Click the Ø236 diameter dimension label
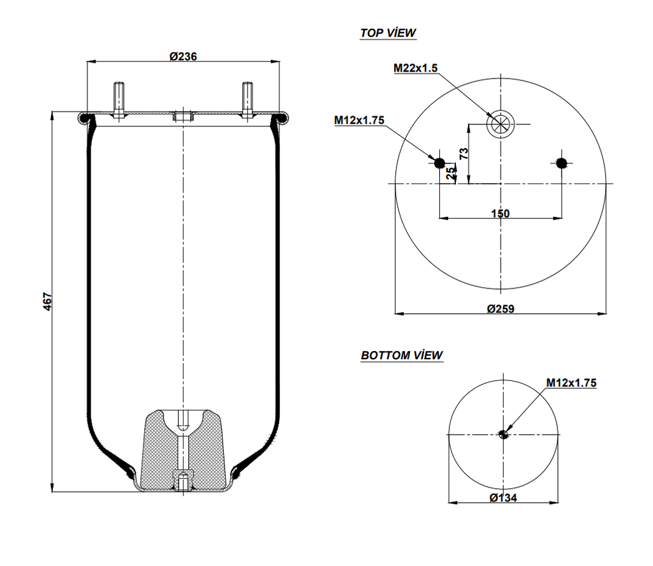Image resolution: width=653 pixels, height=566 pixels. pos(183,56)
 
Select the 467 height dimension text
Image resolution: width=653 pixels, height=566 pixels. pos(48,301)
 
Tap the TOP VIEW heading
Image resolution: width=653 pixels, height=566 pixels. pos(388,33)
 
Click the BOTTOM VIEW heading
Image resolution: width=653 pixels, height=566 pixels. pos(402,355)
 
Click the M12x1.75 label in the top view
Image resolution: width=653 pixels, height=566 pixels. pos(359,120)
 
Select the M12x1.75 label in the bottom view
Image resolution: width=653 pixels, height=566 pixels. pos(571,383)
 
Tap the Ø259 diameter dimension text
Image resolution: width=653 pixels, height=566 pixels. pos(501,309)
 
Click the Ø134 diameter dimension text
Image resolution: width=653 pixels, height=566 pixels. pos(503,498)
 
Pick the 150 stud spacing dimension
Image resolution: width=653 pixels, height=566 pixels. pos(501,214)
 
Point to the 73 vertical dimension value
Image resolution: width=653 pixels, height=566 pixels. pos(464,153)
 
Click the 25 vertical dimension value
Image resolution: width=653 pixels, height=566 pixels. pos(450,172)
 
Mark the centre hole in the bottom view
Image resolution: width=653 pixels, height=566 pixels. pos(503,435)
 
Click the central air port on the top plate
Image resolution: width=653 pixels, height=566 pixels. pos(183,117)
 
